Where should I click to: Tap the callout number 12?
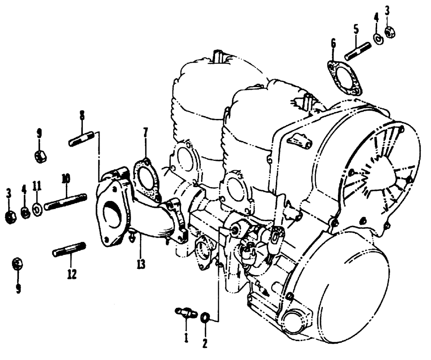coord(72,273)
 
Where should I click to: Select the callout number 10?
coord(66,178)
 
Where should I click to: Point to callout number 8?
coord(81,116)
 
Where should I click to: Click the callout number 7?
coord(145,132)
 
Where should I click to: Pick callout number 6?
coord(333,44)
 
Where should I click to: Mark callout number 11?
coord(37,186)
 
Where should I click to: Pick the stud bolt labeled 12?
coord(69,250)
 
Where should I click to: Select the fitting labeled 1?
coord(186,313)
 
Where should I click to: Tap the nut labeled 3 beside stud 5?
coord(389,32)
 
